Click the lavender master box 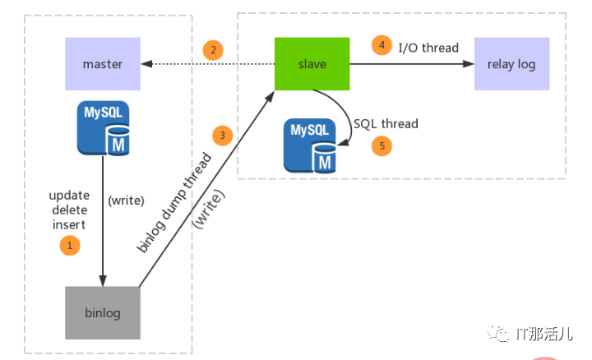point(103,63)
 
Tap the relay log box point(511,63)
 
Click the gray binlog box point(103,312)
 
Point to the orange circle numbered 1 point(70,245)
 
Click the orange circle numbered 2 point(213,50)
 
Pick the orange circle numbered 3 point(220,134)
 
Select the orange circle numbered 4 point(381,45)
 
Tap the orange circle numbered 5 point(381,145)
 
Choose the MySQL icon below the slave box point(310,145)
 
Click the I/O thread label point(428,47)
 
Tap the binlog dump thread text point(173,202)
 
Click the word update point(69,196)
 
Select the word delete point(69,210)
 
